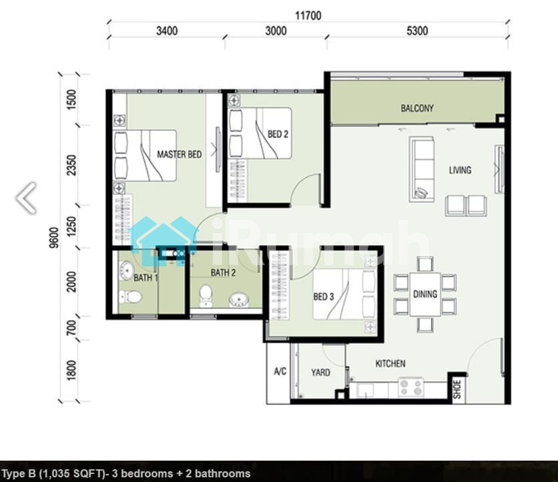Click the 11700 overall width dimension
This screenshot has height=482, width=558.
click(x=308, y=15)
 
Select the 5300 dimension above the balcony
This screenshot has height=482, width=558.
click(x=417, y=31)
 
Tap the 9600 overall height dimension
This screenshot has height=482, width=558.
click(x=54, y=238)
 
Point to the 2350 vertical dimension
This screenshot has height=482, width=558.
click(x=72, y=165)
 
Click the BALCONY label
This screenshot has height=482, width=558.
click(x=417, y=108)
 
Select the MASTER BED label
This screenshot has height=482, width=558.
click(x=180, y=154)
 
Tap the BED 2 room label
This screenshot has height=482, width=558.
click(x=278, y=134)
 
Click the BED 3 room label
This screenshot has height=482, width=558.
click(x=324, y=296)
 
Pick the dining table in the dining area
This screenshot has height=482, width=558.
click(x=425, y=294)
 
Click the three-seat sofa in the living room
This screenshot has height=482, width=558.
click(x=422, y=170)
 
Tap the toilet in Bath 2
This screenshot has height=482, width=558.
click(x=206, y=296)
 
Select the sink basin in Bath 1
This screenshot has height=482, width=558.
click(x=126, y=270)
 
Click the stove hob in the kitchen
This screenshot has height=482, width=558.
click(x=411, y=387)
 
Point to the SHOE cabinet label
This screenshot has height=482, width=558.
click(x=457, y=389)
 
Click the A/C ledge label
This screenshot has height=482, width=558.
click(x=280, y=371)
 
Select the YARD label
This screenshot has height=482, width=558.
click(x=320, y=373)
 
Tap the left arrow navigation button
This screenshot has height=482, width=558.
click(x=27, y=198)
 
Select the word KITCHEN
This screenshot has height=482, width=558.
click(x=390, y=363)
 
